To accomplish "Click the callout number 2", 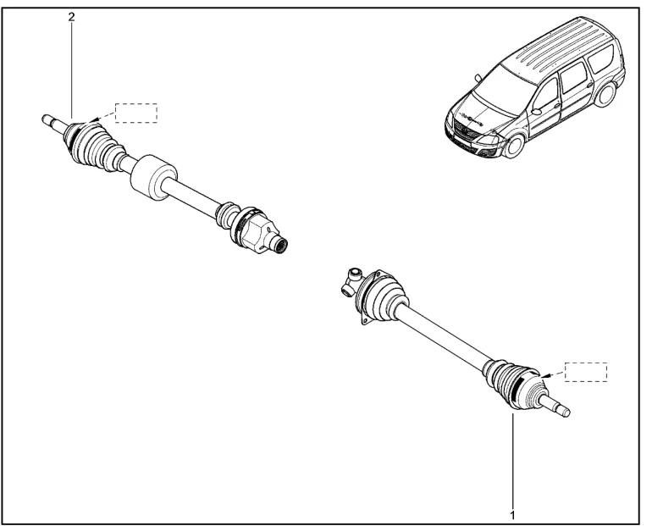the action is click(x=71, y=17).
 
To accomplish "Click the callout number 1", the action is click(x=512, y=515).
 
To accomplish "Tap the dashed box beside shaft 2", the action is click(x=136, y=113).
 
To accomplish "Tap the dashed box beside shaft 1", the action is click(x=585, y=372).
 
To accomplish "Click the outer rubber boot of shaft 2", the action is click(x=93, y=145).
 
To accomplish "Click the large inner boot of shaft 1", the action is click(x=379, y=296).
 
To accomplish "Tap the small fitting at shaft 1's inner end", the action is click(x=351, y=282).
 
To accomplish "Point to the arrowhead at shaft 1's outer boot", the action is click(x=547, y=376).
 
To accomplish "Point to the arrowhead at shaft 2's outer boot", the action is click(x=94, y=120).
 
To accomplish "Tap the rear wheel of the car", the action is click(x=608, y=95).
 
